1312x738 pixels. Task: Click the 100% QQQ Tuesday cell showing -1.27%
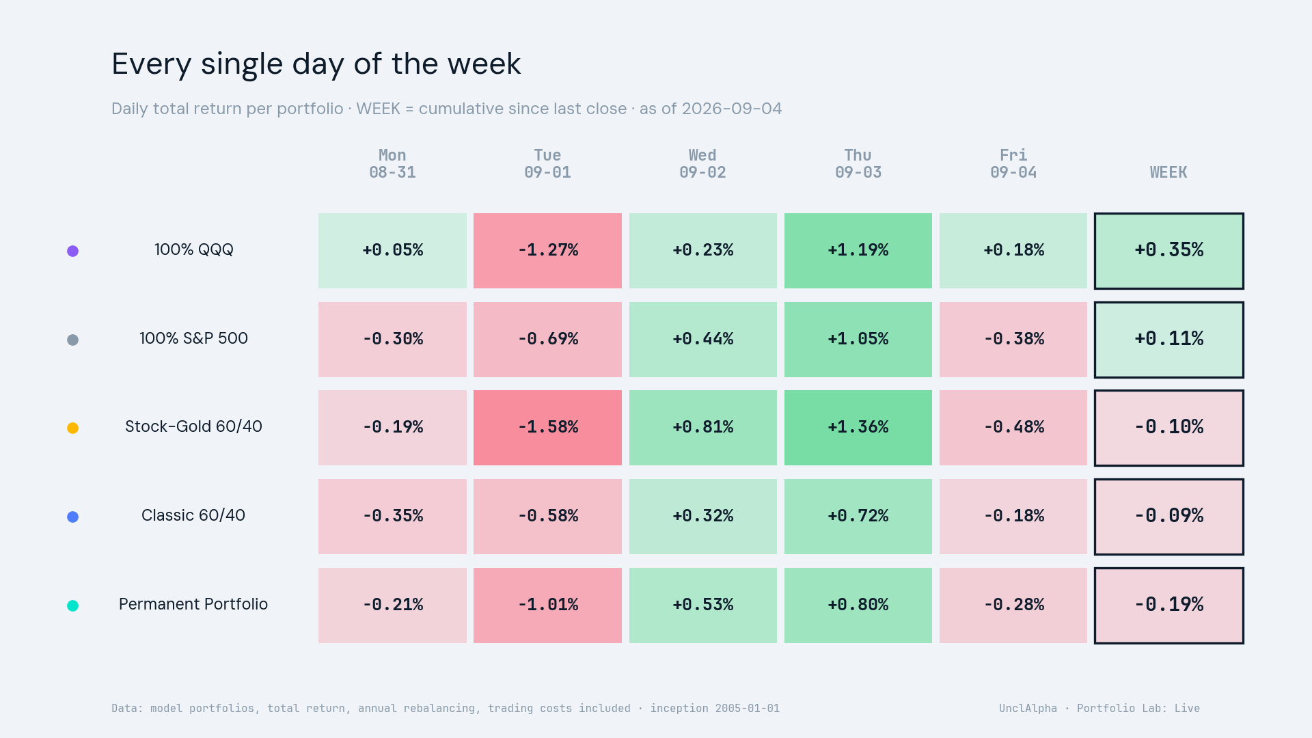click(x=547, y=250)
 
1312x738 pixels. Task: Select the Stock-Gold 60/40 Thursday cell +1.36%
click(x=858, y=428)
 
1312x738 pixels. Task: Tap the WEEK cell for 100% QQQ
click(x=1169, y=251)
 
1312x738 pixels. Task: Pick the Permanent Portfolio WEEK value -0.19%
click(x=1169, y=605)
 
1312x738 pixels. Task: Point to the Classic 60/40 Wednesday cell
click(x=703, y=517)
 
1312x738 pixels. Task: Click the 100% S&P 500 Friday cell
click(x=1013, y=340)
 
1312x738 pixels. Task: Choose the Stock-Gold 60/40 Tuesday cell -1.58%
click(x=547, y=428)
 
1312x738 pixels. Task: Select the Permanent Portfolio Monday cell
click(x=392, y=605)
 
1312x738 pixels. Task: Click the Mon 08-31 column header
click(x=392, y=164)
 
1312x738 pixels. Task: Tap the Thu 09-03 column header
click(x=858, y=164)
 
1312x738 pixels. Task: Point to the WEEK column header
click(x=1168, y=172)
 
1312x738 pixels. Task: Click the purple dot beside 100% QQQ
click(x=72, y=251)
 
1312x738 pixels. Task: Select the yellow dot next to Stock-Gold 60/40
click(x=72, y=428)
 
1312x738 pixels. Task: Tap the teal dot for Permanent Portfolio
click(x=72, y=605)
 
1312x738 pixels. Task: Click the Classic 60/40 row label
click(x=193, y=515)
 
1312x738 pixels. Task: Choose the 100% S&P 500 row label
click(x=193, y=338)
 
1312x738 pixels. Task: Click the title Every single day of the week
click(x=316, y=64)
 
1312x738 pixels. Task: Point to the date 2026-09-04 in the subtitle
click(x=732, y=109)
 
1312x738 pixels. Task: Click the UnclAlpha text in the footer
click(x=1028, y=709)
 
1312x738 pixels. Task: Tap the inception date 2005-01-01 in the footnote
click(x=748, y=709)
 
